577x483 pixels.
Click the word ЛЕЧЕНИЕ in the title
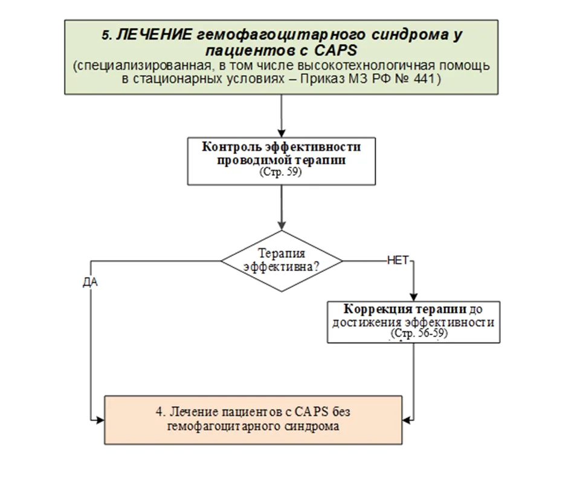click(x=154, y=35)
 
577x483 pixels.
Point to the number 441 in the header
click(x=425, y=79)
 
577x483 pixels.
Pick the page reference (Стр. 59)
click(x=281, y=172)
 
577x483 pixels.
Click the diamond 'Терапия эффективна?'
click(x=282, y=261)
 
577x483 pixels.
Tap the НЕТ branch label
click(x=398, y=261)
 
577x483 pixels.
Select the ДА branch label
click(x=90, y=283)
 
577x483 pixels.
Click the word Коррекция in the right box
click(x=373, y=309)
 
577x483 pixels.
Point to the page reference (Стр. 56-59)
click(x=419, y=333)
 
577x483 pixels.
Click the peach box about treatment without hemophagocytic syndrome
click(x=253, y=420)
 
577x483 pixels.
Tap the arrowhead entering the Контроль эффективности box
click(x=282, y=133)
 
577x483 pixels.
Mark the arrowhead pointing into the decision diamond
click(x=282, y=226)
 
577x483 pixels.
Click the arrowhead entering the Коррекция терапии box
click(x=414, y=297)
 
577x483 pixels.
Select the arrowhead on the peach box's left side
click(x=100, y=420)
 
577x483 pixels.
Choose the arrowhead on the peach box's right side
click(x=407, y=420)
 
